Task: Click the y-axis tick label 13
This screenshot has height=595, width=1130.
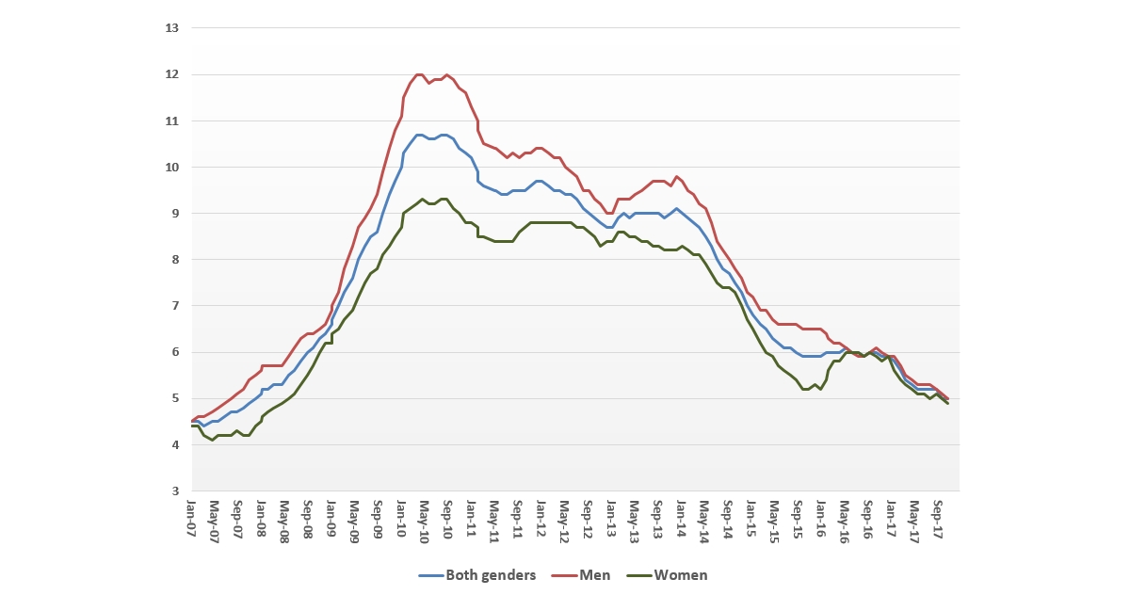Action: tap(171, 28)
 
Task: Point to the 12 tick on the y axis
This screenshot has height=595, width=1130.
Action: tap(171, 74)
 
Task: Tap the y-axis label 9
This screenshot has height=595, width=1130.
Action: tap(174, 214)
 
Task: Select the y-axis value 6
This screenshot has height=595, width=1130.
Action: tap(174, 352)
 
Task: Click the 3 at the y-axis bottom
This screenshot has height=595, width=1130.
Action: tap(174, 491)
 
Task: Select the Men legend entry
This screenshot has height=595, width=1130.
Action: tap(595, 575)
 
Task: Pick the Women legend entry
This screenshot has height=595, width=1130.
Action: tap(680, 575)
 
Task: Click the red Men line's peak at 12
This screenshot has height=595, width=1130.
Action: tap(419, 74)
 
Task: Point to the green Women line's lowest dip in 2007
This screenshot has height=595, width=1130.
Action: tap(213, 440)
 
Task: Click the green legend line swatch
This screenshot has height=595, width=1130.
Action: tap(640, 575)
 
